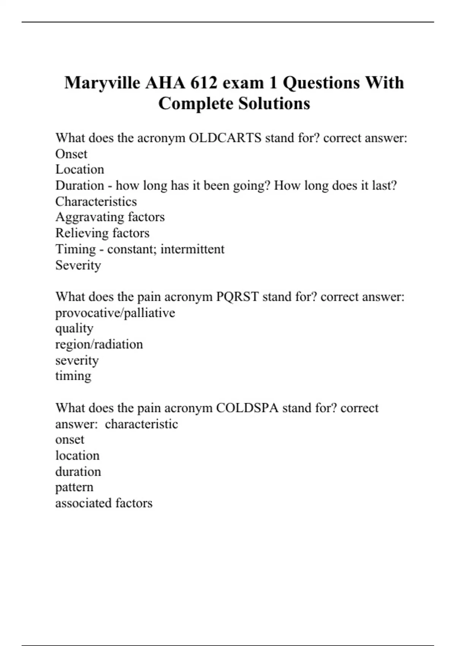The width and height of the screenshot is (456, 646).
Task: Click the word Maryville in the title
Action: tap(102, 83)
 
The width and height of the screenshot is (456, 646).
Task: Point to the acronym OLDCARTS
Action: tap(225, 138)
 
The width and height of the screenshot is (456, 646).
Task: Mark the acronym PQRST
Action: tap(237, 296)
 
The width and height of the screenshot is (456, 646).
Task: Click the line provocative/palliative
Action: tap(115, 313)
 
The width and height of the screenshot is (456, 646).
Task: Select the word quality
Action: tap(74, 328)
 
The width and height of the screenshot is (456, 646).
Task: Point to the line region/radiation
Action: tap(99, 344)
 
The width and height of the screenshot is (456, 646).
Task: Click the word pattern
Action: tap(74, 487)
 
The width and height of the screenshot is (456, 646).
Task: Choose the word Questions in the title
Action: tap(321, 83)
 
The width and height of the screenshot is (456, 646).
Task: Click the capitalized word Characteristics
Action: tap(96, 201)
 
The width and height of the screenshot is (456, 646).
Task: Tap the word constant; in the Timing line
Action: tap(132, 249)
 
